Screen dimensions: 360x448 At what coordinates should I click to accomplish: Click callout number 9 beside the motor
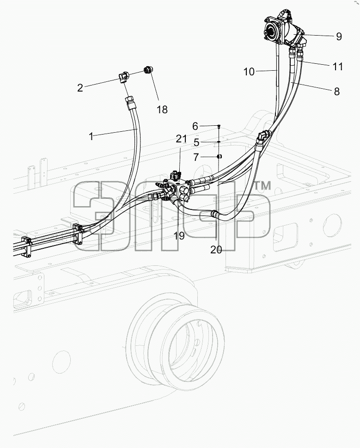339,37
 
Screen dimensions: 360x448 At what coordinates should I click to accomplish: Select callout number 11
338,67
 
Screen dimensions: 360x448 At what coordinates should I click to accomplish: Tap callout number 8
337,92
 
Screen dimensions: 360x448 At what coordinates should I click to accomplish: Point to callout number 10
249,72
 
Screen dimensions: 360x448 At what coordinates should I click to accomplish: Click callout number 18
162,109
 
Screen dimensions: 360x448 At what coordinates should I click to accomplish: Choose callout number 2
80,88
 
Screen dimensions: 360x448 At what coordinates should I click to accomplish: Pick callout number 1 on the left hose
91,136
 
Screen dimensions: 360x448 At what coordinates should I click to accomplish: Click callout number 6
195,126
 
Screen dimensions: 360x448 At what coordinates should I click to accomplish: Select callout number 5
196,142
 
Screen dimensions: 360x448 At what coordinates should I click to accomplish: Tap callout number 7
196,157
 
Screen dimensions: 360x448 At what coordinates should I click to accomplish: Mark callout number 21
181,139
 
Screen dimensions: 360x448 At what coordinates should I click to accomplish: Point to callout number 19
179,236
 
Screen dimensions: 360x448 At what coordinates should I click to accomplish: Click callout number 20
216,250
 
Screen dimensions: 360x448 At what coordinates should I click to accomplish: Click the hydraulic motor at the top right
284,30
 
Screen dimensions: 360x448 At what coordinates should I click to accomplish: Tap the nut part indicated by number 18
147,70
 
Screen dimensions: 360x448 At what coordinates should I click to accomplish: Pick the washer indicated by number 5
219,141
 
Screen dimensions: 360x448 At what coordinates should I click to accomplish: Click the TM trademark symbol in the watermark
262,186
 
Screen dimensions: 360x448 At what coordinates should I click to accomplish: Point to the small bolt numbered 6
219,126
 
